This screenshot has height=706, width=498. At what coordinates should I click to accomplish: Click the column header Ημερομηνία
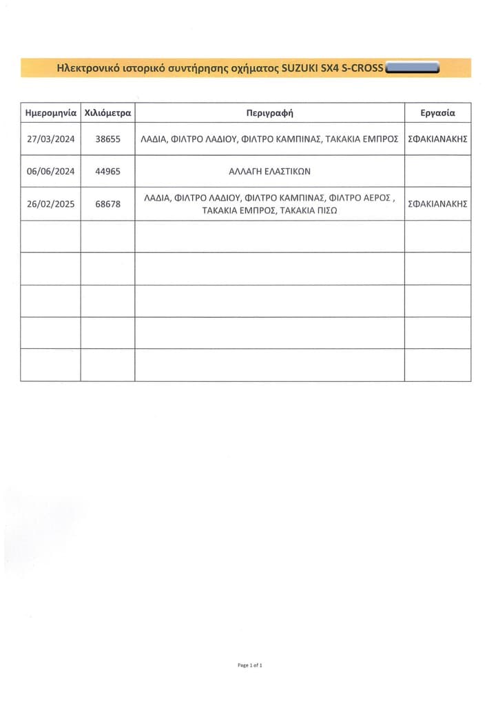point(50,112)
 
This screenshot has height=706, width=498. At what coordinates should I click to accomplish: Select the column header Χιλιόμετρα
point(107,112)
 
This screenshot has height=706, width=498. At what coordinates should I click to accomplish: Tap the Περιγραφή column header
point(269,112)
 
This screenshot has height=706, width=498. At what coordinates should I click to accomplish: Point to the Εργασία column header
point(437,112)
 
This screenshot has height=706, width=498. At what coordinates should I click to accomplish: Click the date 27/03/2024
point(50,139)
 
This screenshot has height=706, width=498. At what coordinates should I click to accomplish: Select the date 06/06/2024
point(50,171)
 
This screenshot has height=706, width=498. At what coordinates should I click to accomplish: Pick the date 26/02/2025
point(50,204)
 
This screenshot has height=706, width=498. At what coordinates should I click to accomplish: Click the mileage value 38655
point(107,139)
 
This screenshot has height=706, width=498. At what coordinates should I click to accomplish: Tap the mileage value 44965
point(107,171)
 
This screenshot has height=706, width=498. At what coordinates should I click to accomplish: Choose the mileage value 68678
point(107,204)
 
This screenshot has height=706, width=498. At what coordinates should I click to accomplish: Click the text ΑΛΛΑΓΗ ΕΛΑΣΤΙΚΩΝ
point(269,171)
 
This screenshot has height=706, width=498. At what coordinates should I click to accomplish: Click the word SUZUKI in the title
point(299,68)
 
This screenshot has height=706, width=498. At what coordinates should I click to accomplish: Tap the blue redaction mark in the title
point(413,68)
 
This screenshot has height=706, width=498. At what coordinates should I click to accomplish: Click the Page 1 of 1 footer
point(249,665)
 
